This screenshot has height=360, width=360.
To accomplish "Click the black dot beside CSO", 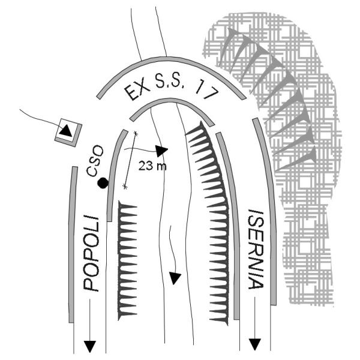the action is point(103,184).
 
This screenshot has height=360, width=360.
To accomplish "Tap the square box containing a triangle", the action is point(67,131).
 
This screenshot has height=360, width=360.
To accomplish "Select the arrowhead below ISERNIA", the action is point(256,343).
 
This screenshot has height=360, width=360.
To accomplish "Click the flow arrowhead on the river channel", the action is point(175,278).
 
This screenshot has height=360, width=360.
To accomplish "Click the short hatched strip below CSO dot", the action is point(128,258).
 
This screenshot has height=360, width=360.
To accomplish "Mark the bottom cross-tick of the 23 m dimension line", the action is point(125,187).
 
